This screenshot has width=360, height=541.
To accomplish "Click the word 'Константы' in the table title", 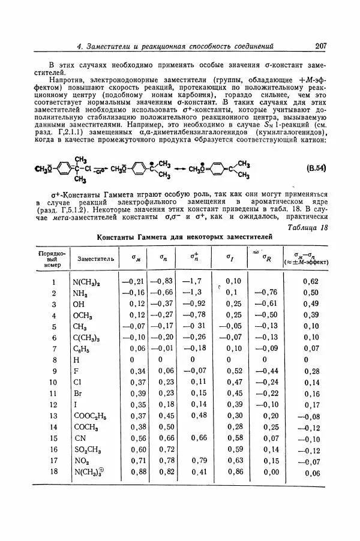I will click(116, 238).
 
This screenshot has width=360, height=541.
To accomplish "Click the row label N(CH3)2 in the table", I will click(86, 281).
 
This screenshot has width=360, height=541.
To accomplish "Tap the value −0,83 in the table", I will click(161, 281).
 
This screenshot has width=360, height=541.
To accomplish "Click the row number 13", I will click(53, 416).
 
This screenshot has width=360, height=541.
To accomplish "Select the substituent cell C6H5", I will click(82, 348).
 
